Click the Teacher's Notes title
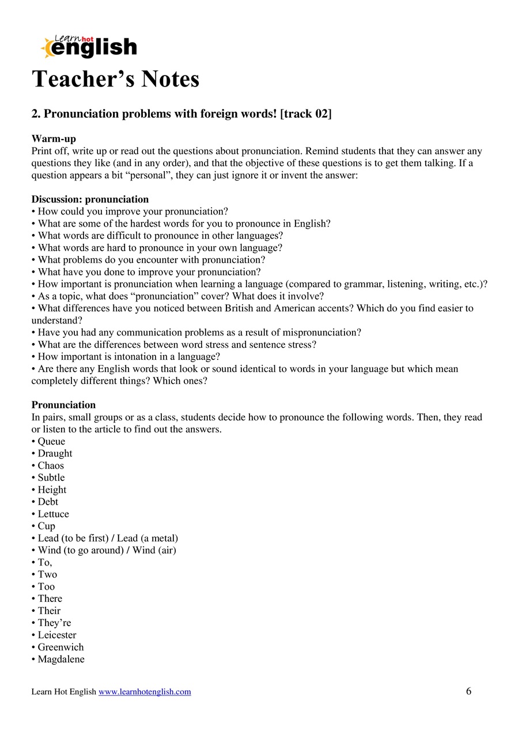coord(116,79)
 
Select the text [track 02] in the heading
coord(305,114)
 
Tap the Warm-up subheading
coord(54,139)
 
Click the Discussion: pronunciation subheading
coord(90,199)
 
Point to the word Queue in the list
coord(51,442)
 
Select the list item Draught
coord(55,454)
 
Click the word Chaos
coord(51,466)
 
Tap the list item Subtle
coord(51,478)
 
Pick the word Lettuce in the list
coord(53,514)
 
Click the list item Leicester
coord(56,635)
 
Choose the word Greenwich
coord(60,647)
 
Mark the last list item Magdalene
coord(60,660)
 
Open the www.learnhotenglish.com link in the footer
coord(145,692)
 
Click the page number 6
coord(468,691)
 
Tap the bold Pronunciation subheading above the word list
coord(63,405)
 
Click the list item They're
coord(54,623)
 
